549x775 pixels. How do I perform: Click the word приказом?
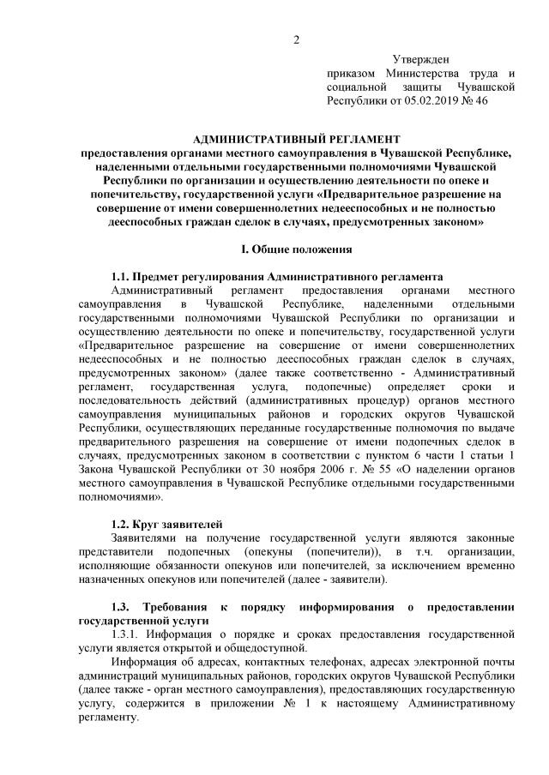click(x=353, y=74)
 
